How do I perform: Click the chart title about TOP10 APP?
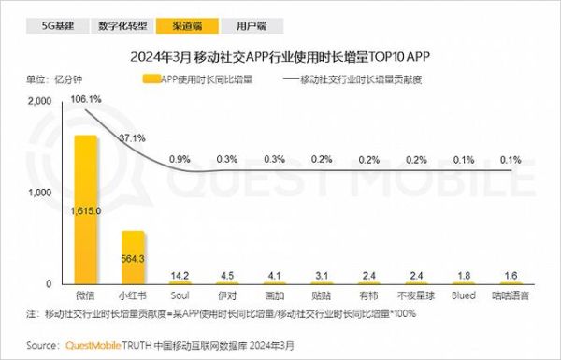pyautogui.click(x=280, y=55)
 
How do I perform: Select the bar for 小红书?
pyautogui.click(x=133, y=257)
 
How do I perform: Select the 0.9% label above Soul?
pyautogui.click(x=180, y=158)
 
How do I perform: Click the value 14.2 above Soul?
pyautogui.click(x=180, y=275)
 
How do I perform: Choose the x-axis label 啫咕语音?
pyautogui.click(x=510, y=295)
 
